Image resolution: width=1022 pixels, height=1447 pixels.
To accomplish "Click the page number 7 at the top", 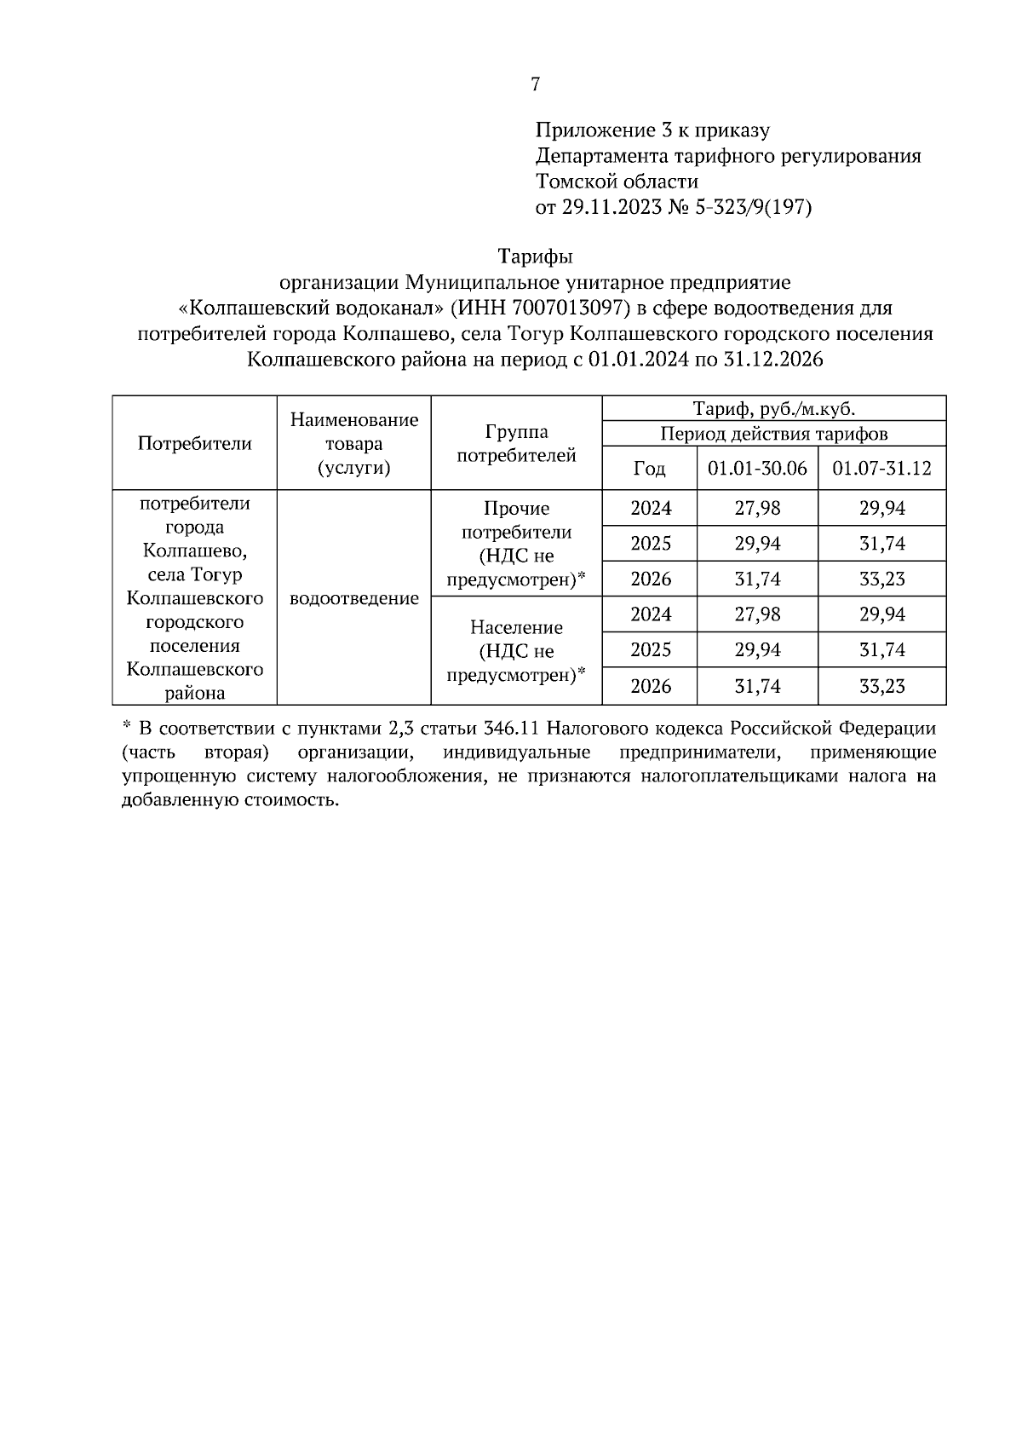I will [535, 84].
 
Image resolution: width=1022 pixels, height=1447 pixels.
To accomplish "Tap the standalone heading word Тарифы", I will [535, 257].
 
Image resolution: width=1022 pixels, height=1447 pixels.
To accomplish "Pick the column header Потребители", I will [195, 443].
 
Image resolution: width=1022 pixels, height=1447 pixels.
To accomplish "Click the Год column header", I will [649, 469].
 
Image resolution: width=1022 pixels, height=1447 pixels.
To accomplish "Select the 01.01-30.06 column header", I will [757, 469].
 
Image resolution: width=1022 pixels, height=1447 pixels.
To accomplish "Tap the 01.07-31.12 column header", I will [881, 469].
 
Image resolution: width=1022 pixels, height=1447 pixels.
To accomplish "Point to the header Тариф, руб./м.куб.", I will [773, 409].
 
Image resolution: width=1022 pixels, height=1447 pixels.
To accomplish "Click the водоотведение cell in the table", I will [354, 598].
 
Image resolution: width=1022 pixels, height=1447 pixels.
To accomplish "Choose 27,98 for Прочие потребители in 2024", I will [757, 509].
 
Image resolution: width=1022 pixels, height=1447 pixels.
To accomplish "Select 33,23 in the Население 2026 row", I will [881, 686].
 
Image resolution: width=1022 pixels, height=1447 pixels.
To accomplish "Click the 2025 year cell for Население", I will [650, 650].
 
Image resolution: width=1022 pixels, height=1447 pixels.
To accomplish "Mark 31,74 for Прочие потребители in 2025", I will [881, 544].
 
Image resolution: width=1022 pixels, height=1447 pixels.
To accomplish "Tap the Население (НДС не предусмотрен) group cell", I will [516, 651].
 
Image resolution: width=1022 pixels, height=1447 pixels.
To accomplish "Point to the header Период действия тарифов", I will [773, 434].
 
